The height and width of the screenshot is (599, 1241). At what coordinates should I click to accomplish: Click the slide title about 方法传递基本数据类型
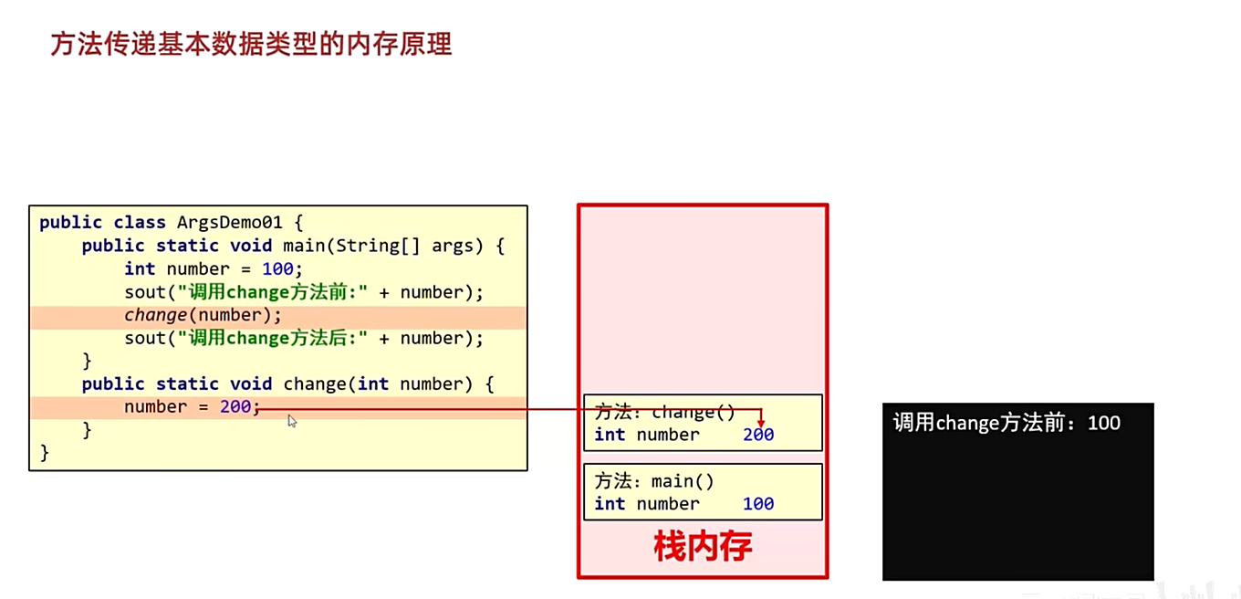(x=251, y=44)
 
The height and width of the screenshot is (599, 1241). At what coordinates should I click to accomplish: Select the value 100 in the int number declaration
(x=277, y=268)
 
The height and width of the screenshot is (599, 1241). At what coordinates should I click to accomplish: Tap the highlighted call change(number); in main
(x=203, y=315)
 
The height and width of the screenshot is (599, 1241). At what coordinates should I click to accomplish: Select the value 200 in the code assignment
(x=235, y=406)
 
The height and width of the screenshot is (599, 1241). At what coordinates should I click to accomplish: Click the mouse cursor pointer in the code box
(x=292, y=420)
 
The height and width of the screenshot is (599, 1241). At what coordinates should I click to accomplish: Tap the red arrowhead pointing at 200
(x=761, y=423)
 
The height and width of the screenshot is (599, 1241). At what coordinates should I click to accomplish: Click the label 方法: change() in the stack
(x=664, y=412)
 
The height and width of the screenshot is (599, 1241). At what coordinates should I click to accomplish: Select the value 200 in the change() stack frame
(x=758, y=436)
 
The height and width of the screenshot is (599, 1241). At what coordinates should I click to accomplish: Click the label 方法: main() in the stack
(x=653, y=481)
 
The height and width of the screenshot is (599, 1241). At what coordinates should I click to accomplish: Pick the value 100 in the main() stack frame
(x=758, y=504)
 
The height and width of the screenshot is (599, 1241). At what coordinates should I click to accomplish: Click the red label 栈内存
(x=703, y=546)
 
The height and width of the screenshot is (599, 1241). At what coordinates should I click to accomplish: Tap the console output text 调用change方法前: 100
(x=1006, y=423)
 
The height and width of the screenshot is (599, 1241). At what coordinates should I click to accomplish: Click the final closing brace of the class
(x=45, y=452)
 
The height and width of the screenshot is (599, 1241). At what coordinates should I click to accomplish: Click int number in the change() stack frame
(x=646, y=436)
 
